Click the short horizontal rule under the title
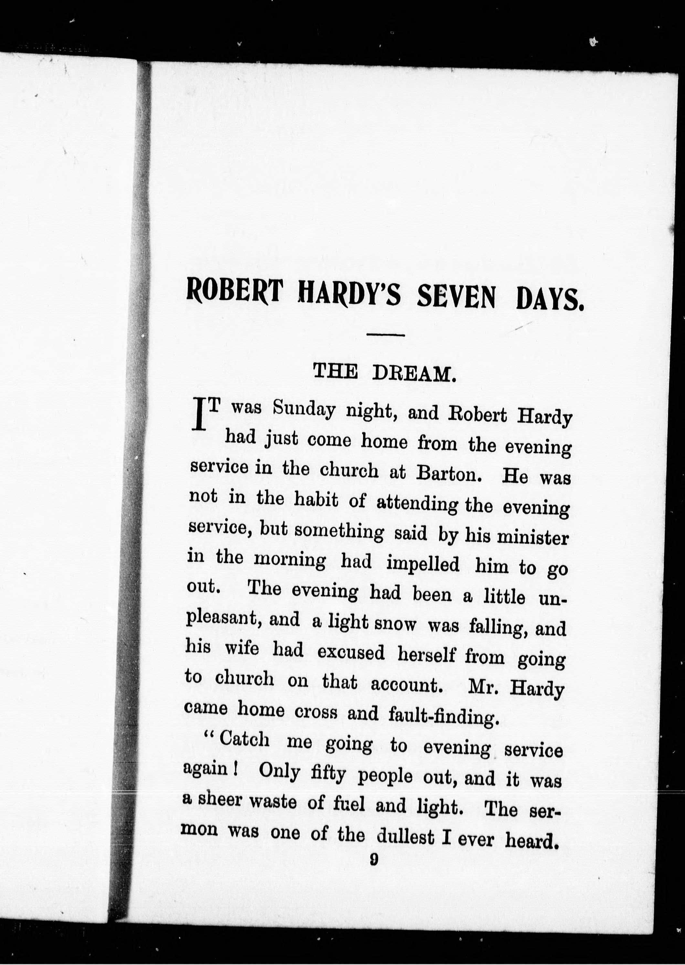386,335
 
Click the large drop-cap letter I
199,416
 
